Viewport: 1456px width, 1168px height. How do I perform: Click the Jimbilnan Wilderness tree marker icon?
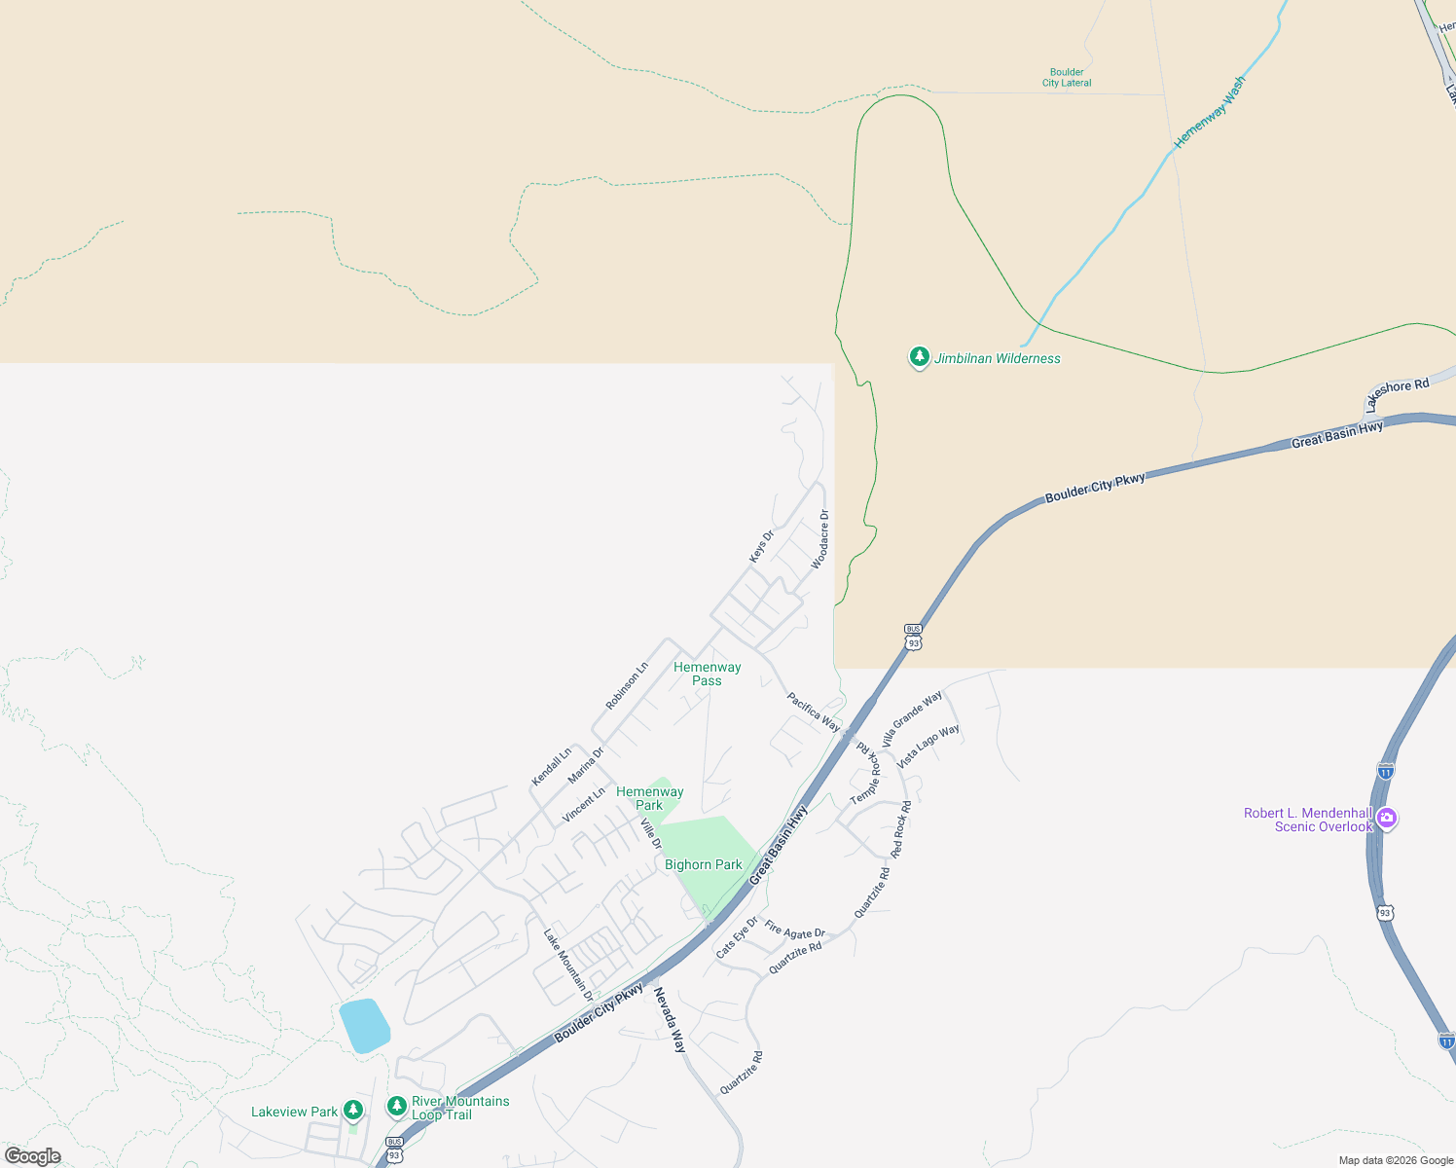(x=919, y=357)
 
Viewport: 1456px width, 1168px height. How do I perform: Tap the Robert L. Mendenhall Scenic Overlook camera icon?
(x=1387, y=819)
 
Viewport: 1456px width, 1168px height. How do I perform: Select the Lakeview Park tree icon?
(x=353, y=1110)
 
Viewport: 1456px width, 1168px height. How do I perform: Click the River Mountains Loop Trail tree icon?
(x=396, y=1107)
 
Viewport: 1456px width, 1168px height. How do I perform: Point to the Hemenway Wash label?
(x=1209, y=112)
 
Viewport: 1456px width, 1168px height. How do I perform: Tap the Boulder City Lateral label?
(x=1067, y=78)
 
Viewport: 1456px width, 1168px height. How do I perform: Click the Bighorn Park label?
(x=703, y=864)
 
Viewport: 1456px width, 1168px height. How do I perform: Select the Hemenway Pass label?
(x=708, y=674)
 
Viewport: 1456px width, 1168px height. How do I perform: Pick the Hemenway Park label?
(x=649, y=798)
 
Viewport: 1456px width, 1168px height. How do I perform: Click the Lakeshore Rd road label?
(x=1397, y=392)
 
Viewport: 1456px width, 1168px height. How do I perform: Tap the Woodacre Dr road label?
(x=820, y=539)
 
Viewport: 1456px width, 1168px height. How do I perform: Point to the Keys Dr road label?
(x=761, y=546)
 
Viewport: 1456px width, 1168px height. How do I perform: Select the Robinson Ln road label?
(x=627, y=686)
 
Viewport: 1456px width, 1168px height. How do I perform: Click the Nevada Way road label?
(x=670, y=1019)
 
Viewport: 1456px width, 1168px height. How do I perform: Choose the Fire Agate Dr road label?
(x=794, y=930)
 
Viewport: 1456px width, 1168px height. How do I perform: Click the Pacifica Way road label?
(x=813, y=712)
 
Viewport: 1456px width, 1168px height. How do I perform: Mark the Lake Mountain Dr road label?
(x=568, y=965)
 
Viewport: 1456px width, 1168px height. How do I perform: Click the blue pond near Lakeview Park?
(x=364, y=1025)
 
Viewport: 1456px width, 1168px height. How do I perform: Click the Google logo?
(x=33, y=1156)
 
